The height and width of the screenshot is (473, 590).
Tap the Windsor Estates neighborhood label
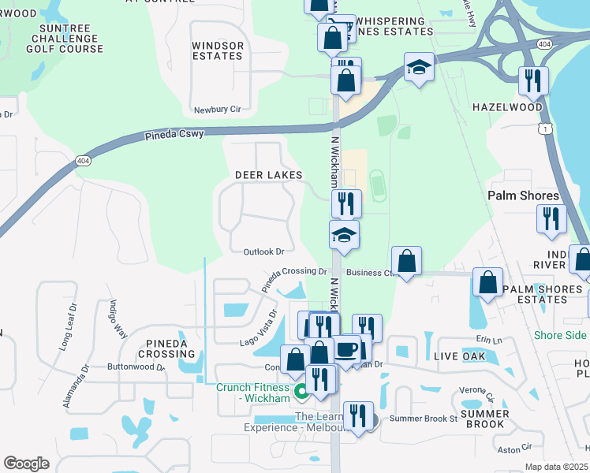218,51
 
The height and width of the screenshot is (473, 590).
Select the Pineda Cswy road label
174,135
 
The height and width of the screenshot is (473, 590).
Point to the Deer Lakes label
268,174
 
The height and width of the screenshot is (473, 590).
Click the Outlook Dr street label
263,252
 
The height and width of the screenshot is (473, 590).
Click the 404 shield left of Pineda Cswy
83,161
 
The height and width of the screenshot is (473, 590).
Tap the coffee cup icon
347,348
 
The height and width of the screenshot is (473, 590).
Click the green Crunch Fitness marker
301,391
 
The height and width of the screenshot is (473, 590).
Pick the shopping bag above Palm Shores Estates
487,282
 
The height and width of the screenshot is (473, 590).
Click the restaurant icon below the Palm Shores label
551,218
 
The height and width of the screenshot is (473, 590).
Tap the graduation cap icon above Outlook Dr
344,235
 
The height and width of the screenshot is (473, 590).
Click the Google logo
26,464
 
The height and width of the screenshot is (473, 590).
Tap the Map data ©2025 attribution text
556,467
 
